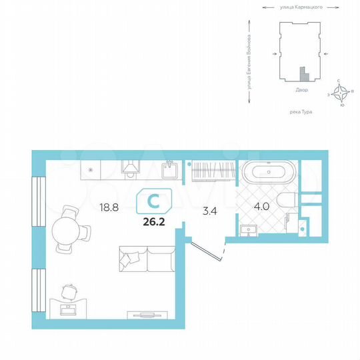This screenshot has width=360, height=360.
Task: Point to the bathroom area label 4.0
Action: tap(261, 206)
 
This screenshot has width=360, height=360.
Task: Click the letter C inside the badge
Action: tap(154, 199)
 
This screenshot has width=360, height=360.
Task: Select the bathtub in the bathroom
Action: tap(267, 173)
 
